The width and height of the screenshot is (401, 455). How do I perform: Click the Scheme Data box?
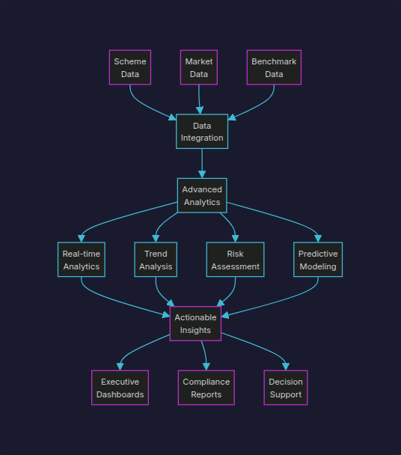130,67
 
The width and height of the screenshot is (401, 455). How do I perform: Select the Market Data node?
199,67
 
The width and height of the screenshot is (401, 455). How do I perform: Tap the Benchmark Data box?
274,67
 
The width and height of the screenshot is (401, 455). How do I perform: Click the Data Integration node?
202,132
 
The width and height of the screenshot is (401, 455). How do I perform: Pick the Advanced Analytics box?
202,195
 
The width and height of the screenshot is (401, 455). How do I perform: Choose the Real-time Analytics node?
82,260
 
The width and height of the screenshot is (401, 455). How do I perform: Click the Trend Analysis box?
156,260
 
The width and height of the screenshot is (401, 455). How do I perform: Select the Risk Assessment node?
236,260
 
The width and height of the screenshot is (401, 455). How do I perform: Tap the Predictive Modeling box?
318,260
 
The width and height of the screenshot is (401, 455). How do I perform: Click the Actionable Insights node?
195,323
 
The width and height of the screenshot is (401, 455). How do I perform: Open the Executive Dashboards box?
120,388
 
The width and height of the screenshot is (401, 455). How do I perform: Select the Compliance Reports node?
206,388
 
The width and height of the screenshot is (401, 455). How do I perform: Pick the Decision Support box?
286,388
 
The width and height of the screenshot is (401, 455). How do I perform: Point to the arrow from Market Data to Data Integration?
199,99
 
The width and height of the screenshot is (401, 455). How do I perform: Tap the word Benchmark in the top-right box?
274,61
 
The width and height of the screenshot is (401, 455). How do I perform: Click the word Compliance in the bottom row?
206,382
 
